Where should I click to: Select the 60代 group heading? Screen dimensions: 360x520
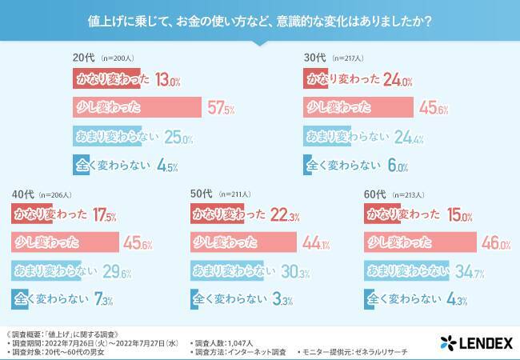point(374,194)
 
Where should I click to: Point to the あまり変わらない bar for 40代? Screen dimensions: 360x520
point(46,270)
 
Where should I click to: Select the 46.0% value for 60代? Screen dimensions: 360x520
point(472,242)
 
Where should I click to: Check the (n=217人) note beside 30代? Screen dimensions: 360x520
point(350,59)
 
